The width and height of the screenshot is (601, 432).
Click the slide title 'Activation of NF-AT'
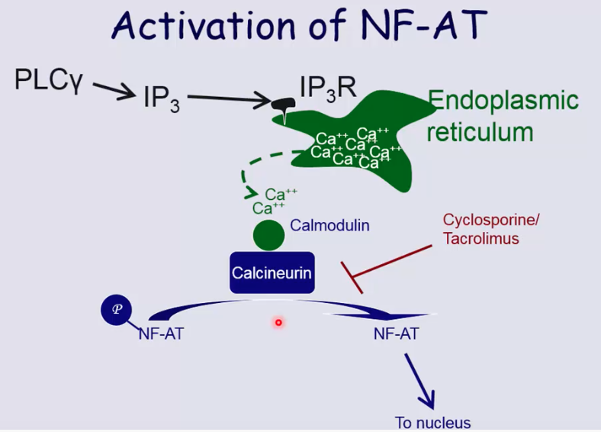(299, 28)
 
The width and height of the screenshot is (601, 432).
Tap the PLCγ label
(48, 79)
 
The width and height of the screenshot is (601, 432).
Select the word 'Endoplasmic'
(503, 100)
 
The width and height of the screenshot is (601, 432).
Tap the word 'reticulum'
(479, 131)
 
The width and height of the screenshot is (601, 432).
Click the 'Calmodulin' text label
(329, 226)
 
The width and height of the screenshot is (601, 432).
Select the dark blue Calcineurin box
(272, 272)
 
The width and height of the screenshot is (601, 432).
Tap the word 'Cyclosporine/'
(490, 220)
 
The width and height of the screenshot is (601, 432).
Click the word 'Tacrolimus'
(481, 238)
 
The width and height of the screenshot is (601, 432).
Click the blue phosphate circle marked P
(117, 309)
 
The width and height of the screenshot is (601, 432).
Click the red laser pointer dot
(278, 323)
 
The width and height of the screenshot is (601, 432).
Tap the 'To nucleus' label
(432, 422)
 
